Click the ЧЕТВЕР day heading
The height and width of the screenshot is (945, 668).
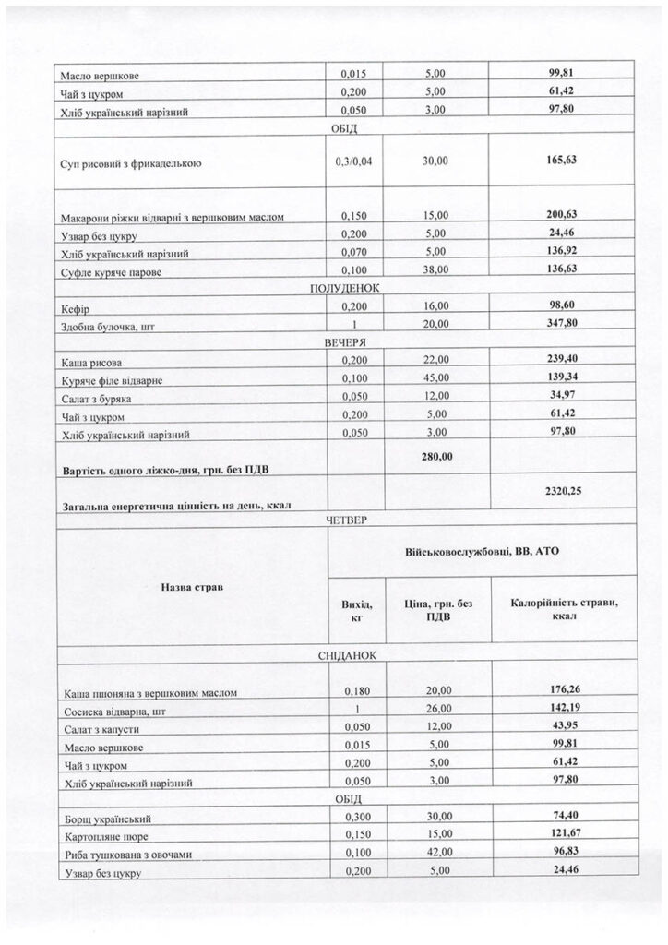click(x=346, y=521)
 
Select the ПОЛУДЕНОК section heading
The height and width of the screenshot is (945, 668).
click(x=346, y=288)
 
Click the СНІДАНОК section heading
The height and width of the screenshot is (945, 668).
click(x=346, y=655)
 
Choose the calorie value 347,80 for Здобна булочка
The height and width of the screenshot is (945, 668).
click(x=561, y=323)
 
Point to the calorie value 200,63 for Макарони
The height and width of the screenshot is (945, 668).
click(x=561, y=214)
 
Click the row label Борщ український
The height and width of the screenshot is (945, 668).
click(x=107, y=819)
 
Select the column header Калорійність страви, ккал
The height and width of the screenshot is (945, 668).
click(x=564, y=610)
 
